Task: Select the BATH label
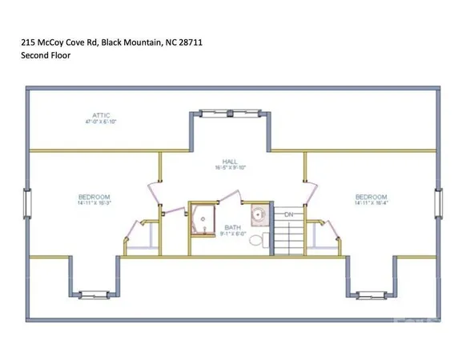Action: (233, 226)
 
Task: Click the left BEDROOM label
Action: (94, 197)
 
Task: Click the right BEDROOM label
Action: (371, 197)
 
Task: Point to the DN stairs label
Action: (290, 214)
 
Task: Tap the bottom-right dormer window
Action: (372, 294)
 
